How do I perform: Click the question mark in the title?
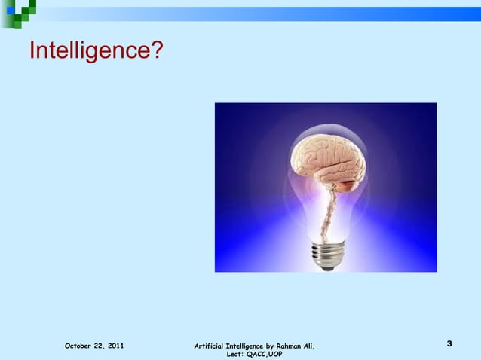(x=153, y=50)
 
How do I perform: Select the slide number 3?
(x=449, y=344)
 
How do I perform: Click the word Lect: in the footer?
(x=235, y=354)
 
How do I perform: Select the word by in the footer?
(x=271, y=346)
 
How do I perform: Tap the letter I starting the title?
(x=32, y=50)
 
